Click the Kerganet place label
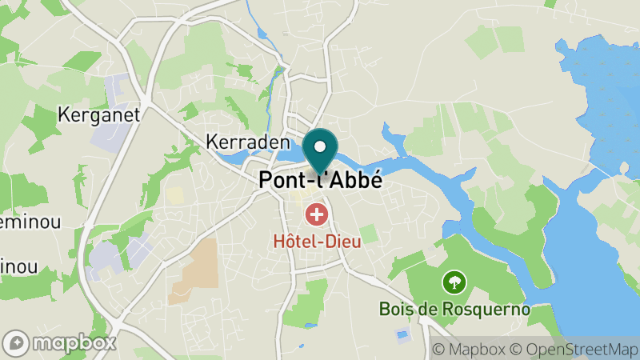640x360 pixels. pos(99,114)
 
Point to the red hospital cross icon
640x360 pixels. pos(317,214)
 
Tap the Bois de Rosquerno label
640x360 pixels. pos(454,308)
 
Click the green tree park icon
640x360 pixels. pos(454,282)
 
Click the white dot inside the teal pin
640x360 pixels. pos(321,147)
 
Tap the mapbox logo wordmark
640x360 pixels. pos(74,342)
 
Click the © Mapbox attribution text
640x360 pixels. pos(468,349)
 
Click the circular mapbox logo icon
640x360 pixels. pos(15,342)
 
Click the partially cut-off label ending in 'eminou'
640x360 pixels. pos(30,222)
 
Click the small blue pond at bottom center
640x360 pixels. pos(402,334)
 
